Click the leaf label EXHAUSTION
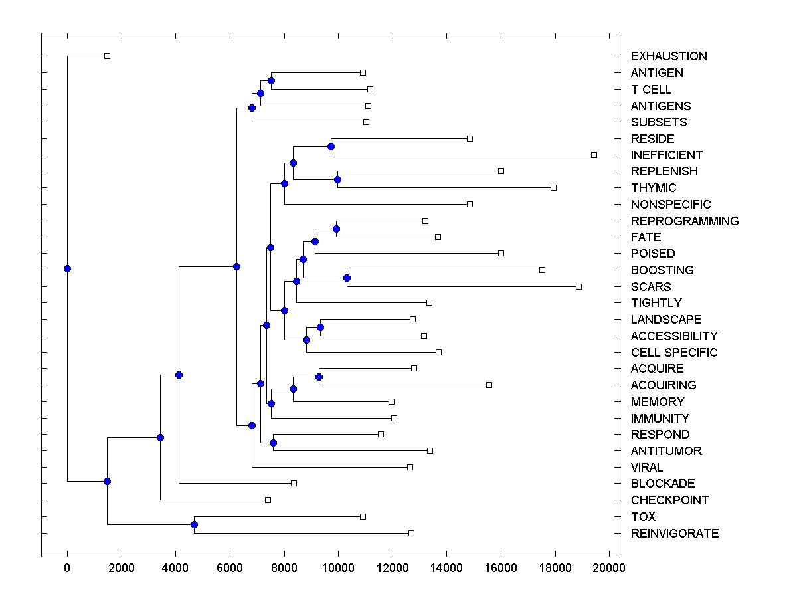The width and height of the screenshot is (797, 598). [669, 56]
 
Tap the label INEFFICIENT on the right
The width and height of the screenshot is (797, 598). [666, 155]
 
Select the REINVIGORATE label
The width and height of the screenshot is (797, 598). [674, 534]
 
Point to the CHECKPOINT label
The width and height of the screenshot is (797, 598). [669, 500]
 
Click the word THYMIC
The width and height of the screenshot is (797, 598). [654, 188]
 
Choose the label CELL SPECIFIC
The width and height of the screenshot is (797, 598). [674, 353]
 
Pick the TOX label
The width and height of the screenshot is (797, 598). [643, 517]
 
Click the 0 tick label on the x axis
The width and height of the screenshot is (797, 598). [67, 567]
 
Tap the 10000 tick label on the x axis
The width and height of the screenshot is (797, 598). [338, 567]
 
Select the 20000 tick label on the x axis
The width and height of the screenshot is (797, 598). [610, 567]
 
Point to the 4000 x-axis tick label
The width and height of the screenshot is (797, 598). [175, 567]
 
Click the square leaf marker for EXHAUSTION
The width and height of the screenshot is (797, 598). [107, 56]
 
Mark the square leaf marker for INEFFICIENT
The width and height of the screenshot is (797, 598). [594, 155]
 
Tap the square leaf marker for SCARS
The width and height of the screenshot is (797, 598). [578, 286]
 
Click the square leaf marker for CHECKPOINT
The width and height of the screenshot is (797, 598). [268, 500]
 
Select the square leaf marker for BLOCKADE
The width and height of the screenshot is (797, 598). [294, 483]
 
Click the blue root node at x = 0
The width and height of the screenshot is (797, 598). [67, 268]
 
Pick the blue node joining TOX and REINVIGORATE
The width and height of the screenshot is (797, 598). [194, 525]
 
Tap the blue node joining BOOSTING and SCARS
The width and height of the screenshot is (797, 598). [347, 278]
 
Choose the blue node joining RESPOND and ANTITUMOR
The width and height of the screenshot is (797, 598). [273, 443]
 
